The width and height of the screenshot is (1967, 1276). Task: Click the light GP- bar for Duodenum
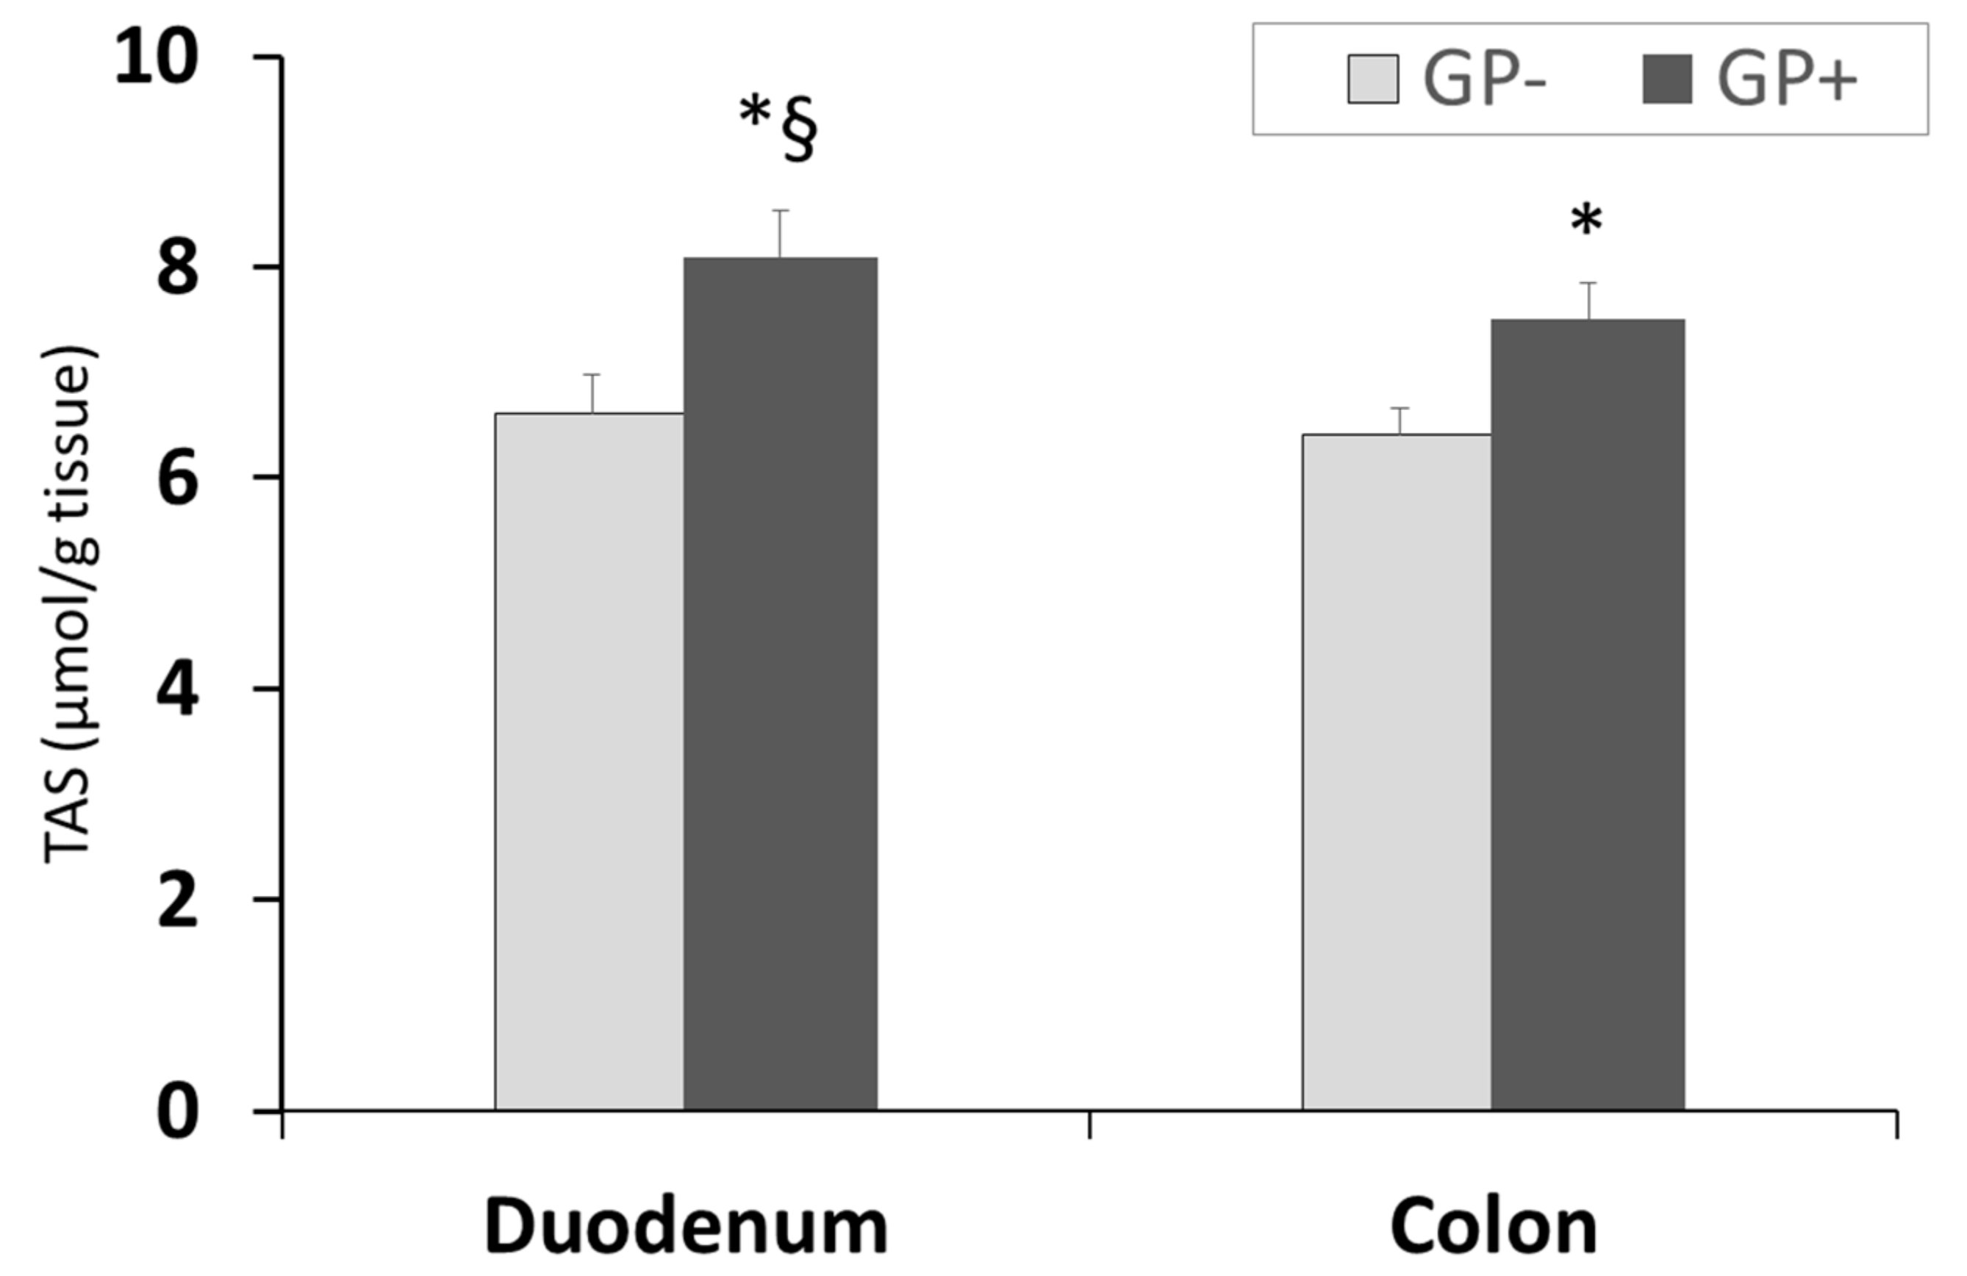tap(590, 760)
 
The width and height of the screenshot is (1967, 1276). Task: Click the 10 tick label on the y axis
tap(157, 58)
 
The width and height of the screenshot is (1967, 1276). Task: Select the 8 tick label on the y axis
tap(178, 268)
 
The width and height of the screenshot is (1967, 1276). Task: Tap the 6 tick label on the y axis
tap(178, 478)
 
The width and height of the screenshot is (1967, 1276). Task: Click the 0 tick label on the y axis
tap(178, 1111)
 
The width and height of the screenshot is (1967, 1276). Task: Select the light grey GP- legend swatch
tap(1373, 79)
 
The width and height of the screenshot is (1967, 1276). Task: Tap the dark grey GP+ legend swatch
tap(1667, 79)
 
